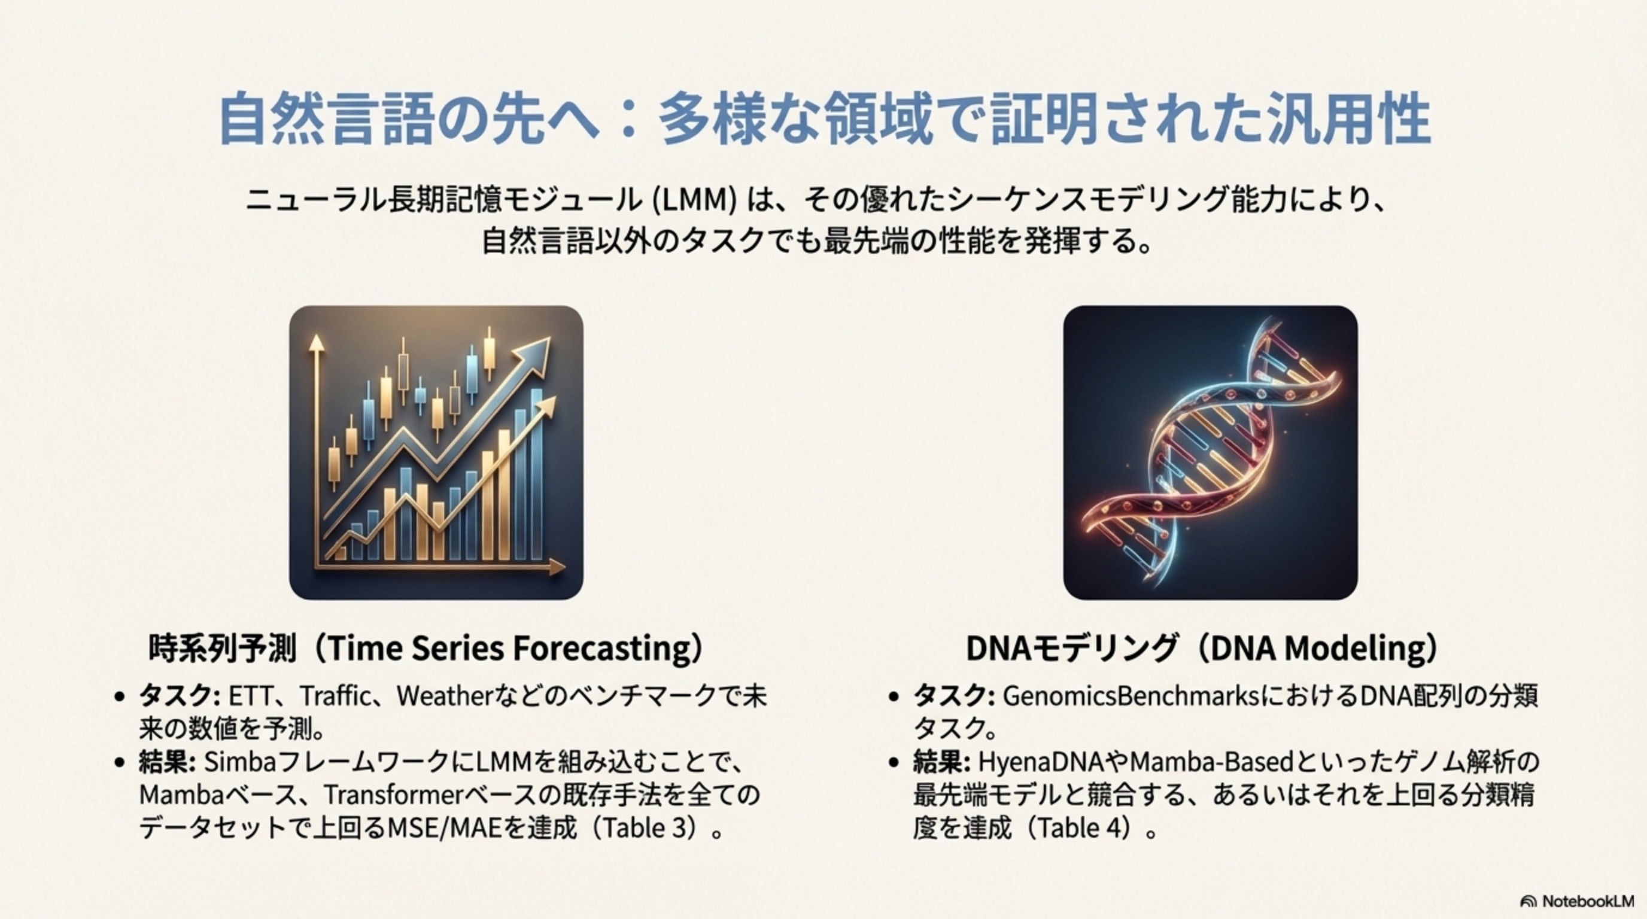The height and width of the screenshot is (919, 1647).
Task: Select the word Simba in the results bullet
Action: point(239,762)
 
